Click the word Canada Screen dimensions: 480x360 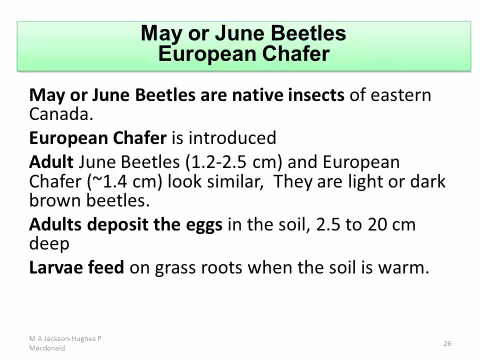point(61,114)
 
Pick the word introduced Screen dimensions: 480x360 point(232,138)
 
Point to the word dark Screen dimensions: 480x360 point(428,182)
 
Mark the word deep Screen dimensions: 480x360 point(49,244)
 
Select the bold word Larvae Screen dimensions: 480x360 point(53,268)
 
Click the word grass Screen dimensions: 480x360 point(175,268)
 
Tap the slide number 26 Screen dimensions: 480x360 point(447,343)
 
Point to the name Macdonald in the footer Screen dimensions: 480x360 point(47,348)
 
